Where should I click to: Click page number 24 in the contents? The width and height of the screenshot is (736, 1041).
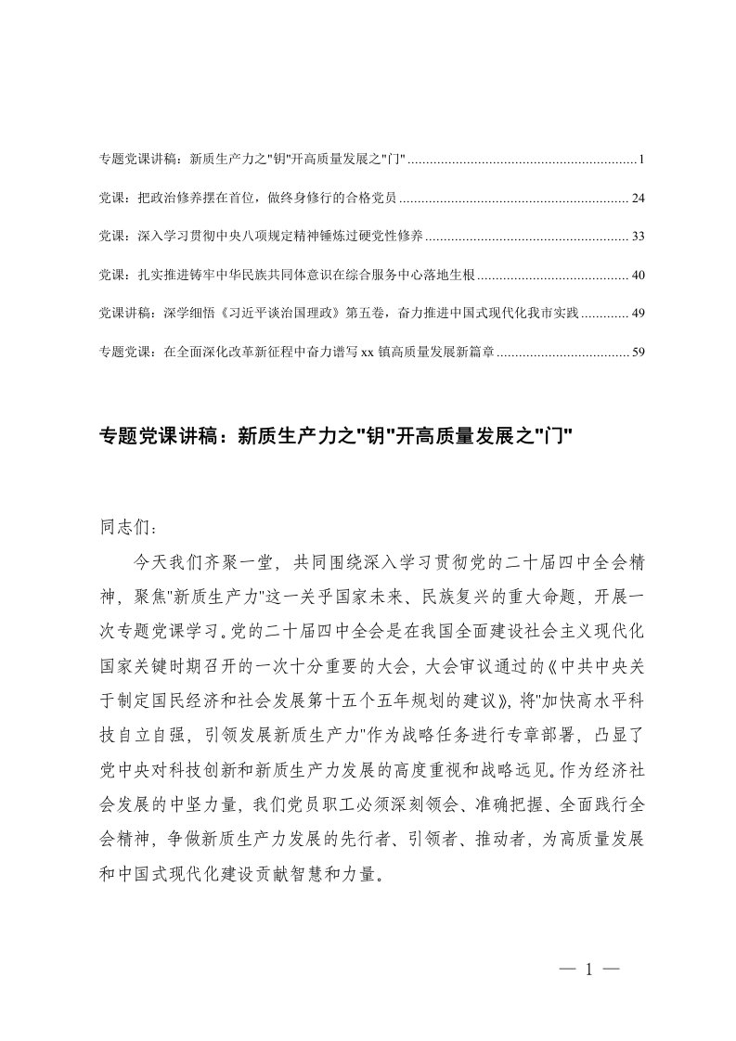pyautogui.click(x=637, y=199)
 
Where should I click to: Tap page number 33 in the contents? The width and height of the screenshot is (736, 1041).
pyautogui.click(x=637, y=237)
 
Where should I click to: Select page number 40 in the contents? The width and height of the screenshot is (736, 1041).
pyautogui.click(x=637, y=276)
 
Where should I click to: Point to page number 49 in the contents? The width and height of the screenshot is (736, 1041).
pyautogui.click(x=637, y=314)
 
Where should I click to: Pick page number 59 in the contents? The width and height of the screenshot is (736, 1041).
pyautogui.click(x=637, y=352)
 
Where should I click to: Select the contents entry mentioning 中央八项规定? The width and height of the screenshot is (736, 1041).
pyautogui.click(x=261, y=237)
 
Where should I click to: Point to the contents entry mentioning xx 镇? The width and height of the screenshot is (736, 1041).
pyautogui.click(x=297, y=352)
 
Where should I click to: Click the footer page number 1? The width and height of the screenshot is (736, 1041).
pyautogui.click(x=589, y=970)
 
